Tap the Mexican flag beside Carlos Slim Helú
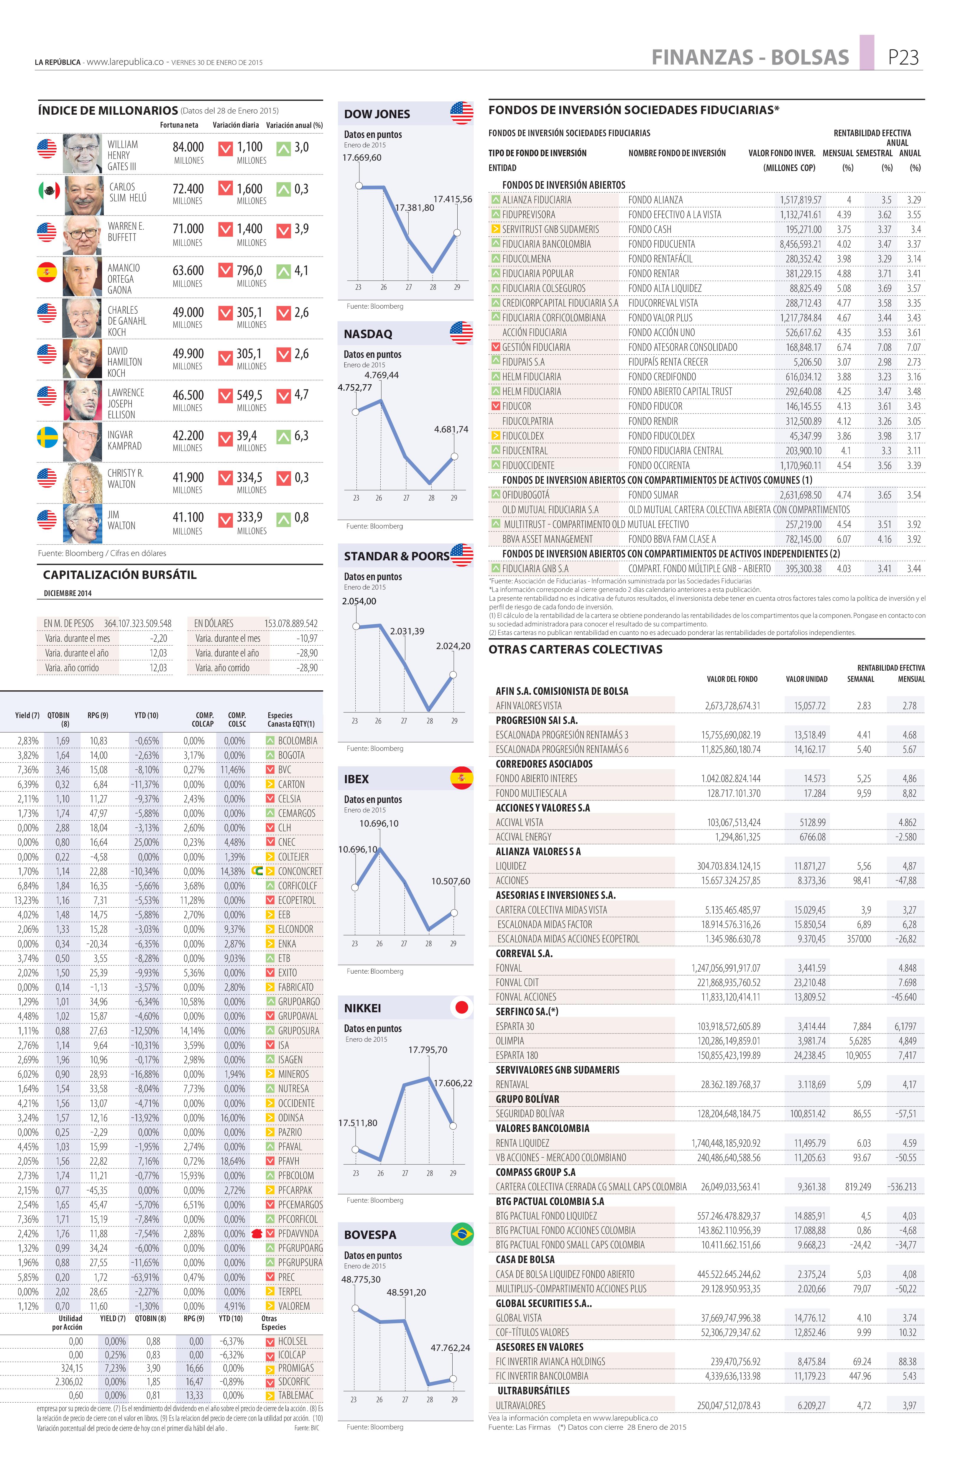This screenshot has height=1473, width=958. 48,190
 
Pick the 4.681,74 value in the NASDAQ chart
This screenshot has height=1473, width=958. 451,429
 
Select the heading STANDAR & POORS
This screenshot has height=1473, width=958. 396,556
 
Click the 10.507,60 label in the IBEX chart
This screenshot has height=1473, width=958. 450,881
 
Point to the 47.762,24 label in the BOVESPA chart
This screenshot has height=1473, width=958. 450,1347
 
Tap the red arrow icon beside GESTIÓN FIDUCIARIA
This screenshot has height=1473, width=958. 495,347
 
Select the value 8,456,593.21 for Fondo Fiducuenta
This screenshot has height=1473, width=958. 800,244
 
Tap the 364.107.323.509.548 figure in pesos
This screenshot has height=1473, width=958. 137,623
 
